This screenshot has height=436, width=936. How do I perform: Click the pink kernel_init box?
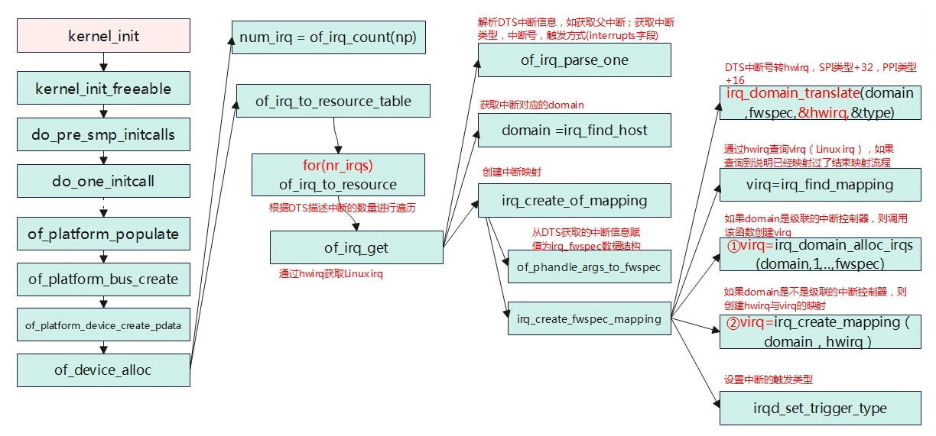104,35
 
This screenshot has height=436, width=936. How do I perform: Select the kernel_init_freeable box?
104,88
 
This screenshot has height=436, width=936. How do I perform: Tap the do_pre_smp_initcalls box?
104,134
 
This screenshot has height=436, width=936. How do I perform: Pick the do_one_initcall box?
104,181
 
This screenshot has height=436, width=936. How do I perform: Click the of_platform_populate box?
104,233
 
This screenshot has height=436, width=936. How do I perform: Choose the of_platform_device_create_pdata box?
104,325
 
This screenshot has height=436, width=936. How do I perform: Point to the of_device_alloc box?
104,370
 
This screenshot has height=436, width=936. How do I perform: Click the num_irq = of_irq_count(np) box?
329,37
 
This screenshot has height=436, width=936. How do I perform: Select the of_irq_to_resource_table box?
333,101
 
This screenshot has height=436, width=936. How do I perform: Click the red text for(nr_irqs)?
338,166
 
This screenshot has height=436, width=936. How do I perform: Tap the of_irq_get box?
356,247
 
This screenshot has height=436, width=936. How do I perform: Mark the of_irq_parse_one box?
574,60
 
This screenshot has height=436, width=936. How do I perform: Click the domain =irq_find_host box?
574,130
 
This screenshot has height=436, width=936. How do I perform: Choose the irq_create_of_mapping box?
574,200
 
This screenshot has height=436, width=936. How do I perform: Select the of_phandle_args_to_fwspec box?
590,266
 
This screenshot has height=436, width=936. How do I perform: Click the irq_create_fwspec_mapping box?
590,318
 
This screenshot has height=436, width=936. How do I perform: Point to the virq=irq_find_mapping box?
821,185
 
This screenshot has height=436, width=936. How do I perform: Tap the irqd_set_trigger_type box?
821,408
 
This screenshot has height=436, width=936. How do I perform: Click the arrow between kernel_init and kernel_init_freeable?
104,62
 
